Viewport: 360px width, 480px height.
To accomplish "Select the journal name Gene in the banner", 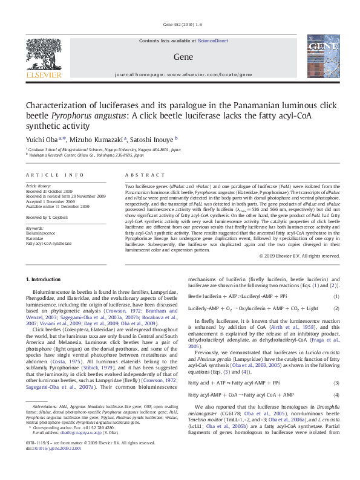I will tap(180, 56).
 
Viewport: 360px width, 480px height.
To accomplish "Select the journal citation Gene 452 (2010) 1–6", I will tap(180, 24).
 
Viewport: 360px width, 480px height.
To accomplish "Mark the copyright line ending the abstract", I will tap(299, 273).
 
